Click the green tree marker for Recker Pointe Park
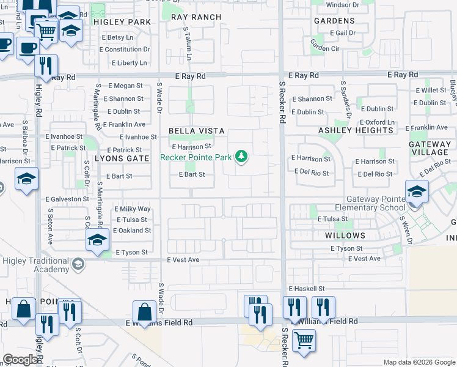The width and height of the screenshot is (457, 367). click(x=242, y=157)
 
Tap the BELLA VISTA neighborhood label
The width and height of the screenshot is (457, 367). click(x=197, y=131)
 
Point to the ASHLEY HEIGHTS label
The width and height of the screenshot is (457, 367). click(x=356, y=130)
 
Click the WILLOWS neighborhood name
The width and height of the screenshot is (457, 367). click(x=345, y=235)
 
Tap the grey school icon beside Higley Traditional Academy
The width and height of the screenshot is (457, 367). click(x=78, y=264)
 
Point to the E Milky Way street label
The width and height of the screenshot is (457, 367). click(x=133, y=209)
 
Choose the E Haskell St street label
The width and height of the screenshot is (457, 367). click(x=314, y=288)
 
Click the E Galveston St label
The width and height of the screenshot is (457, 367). click(x=67, y=199)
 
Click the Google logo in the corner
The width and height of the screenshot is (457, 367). click(x=21, y=360)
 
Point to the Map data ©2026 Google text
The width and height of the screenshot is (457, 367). click(x=419, y=362)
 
